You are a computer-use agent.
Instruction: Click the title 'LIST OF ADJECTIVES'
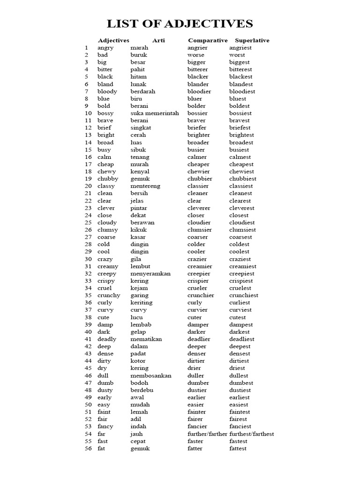(180, 24)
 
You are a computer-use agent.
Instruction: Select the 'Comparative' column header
(208, 40)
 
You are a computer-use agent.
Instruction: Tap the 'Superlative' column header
(252, 40)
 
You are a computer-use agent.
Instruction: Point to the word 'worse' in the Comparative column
(196, 55)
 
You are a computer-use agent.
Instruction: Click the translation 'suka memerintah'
(154, 113)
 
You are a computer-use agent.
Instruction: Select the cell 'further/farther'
(207, 434)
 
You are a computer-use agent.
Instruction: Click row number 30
(88, 259)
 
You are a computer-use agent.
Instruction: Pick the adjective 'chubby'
(108, 179)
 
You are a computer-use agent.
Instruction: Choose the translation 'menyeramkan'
(150, 273)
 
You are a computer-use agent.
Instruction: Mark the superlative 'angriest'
(240, 47)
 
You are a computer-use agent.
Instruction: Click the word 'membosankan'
(151, 375)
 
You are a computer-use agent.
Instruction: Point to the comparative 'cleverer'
(199, 208)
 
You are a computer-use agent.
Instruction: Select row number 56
(88, 448)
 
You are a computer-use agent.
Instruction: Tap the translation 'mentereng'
(145, 186)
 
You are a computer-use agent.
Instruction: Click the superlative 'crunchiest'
(244, 295)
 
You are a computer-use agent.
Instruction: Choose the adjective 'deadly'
(107, 339)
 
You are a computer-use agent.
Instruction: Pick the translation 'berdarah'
(142, 91)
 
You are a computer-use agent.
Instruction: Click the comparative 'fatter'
(195, 448)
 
